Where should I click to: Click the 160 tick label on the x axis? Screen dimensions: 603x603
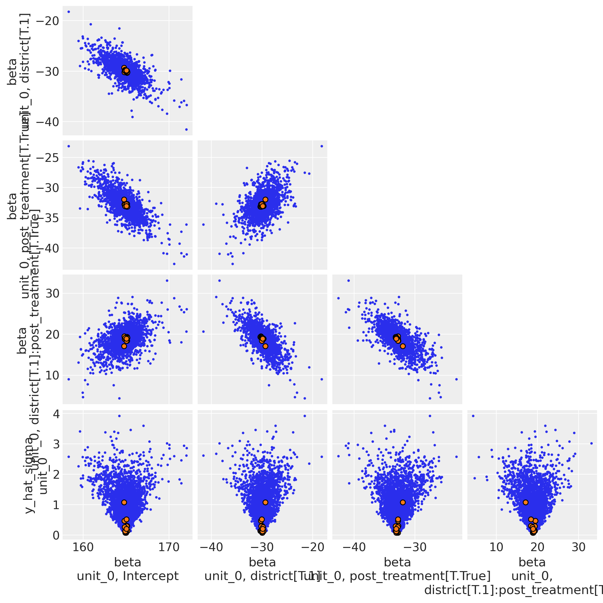pos(83,547)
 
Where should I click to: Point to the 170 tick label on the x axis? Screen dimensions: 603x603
pos(169,547)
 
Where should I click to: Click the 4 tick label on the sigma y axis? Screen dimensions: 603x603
pos(56,415)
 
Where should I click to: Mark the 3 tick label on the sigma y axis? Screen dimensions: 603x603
pos(56,444)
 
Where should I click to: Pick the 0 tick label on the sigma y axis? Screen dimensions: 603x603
pos(56,535)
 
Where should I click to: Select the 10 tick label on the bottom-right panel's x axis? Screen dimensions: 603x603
pos(496,547)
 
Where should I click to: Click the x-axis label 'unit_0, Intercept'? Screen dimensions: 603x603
pos(128,576)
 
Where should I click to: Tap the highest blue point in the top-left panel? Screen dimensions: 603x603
pos(69,12)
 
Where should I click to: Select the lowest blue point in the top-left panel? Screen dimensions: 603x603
pos(186,129)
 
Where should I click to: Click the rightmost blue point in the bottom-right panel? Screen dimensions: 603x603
pos(591,443)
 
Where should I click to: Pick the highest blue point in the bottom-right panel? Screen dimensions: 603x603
pos(473,416)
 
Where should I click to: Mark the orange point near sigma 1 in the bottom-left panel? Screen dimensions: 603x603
pos(124,502)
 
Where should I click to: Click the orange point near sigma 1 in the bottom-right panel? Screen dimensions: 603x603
pos(526,502)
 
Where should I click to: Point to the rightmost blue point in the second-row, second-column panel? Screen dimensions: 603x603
pos(322,146)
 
